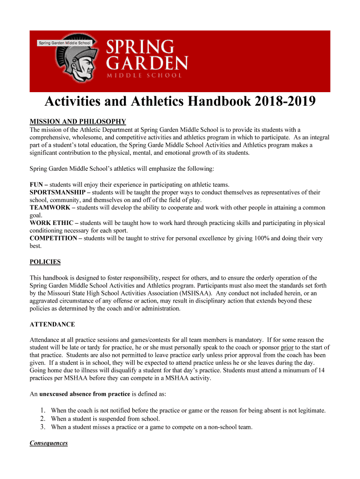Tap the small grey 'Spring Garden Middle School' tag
click(x=65, y=43)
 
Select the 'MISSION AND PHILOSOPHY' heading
click(x=78, y=122)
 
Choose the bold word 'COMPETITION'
click(x=53, y=239)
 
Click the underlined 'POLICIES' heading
click(x=45, y=262)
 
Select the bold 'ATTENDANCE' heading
click(x=52, y=324)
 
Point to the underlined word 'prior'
click(x=287, y=347)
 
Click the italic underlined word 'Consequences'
click(x=49, y=443)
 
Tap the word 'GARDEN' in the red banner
click(x=147, y=62)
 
